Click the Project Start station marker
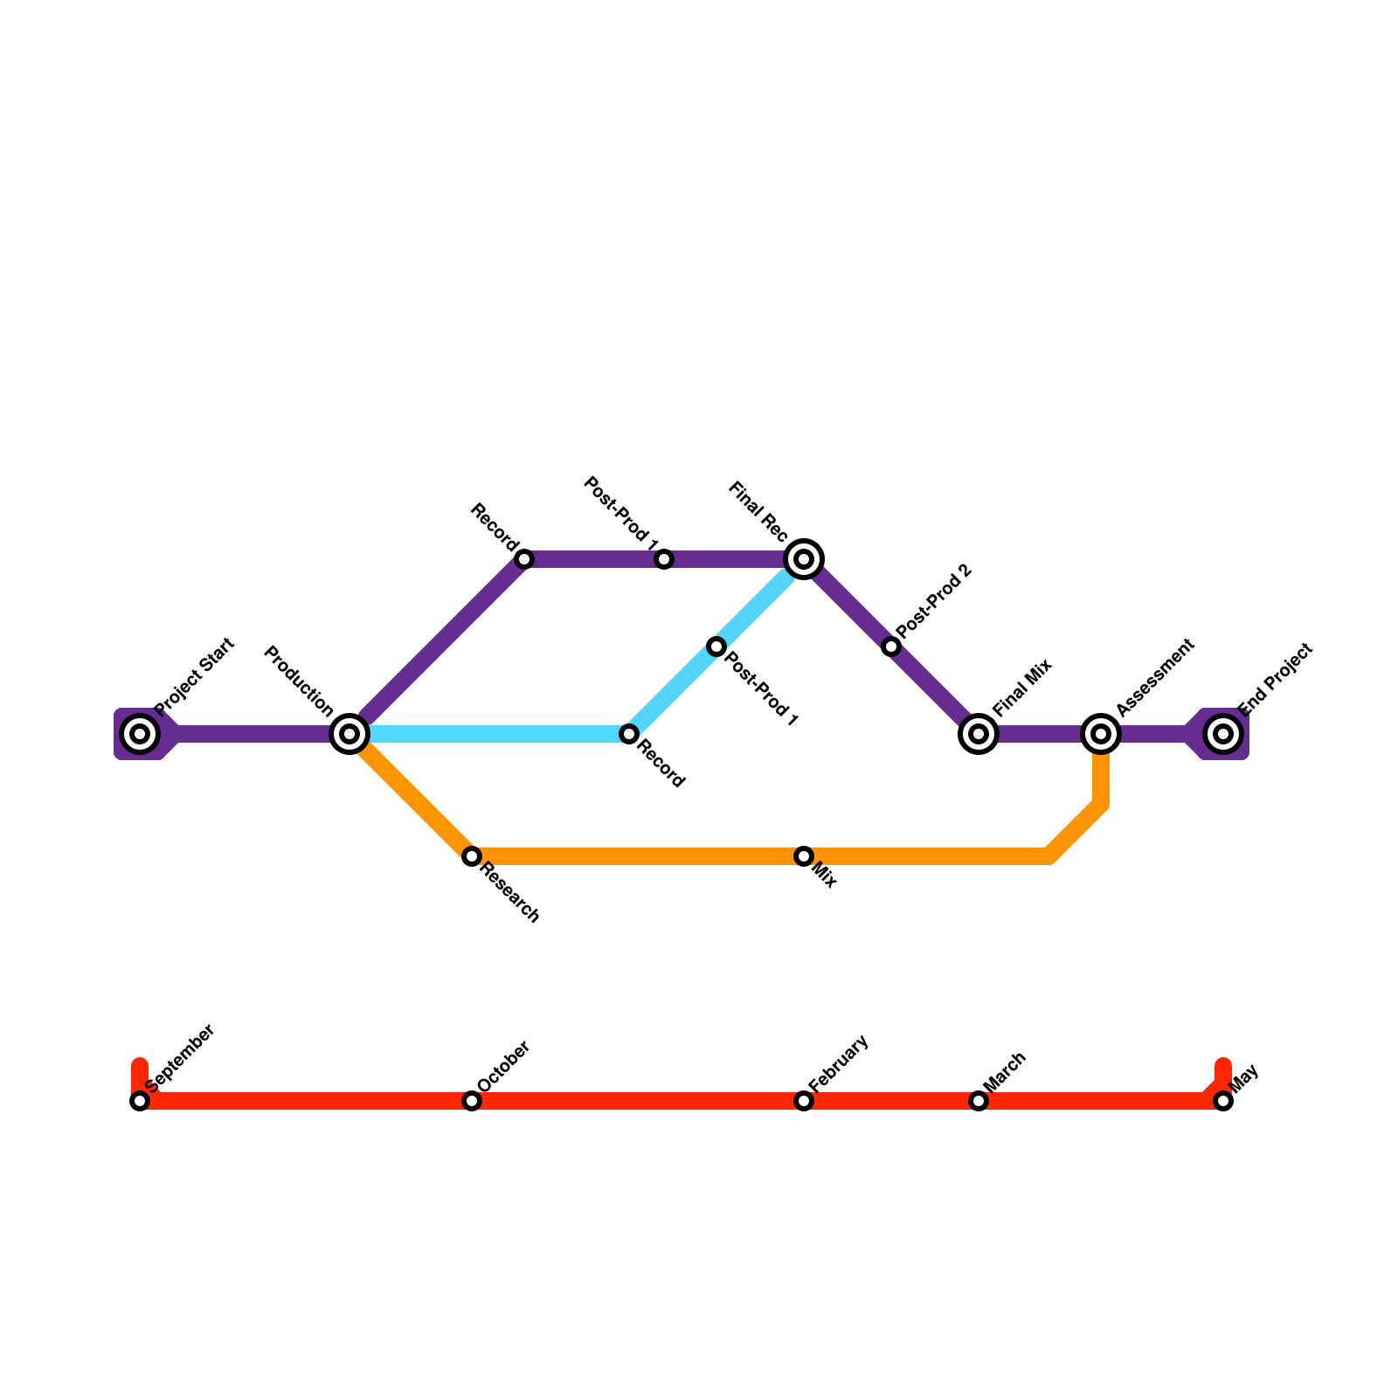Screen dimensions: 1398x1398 click(x=140, y=734)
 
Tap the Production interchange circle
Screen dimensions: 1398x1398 click(x=349, y=734)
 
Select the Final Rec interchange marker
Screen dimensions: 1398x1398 click(x=804, y=559)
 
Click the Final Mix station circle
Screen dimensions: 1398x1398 click(x=979, y=734)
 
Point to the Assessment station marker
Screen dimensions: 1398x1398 click(x=1101, y=734)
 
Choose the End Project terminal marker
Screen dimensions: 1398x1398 click(x=1223, y=734)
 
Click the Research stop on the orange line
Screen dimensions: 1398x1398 click(x=472, y=856)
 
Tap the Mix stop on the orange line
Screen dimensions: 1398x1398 click(x=804, y=856)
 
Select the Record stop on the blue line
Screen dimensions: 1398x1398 click(x=629, y=734)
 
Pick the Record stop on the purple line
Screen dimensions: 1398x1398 click(x=524, y=559)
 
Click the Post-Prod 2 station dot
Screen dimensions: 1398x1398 click(x=891, y=647)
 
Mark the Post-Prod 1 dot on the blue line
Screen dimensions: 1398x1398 click(x=716, y=647)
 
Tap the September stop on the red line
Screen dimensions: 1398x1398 click(x=140, y=1101)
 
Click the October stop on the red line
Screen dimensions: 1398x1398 click(x=472, y=1101)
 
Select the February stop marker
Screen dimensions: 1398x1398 click(x=804, y=1101)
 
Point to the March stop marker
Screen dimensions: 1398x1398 click(x=979, y=1101)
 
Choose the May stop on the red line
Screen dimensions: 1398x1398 click(x=1223, y=1101)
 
